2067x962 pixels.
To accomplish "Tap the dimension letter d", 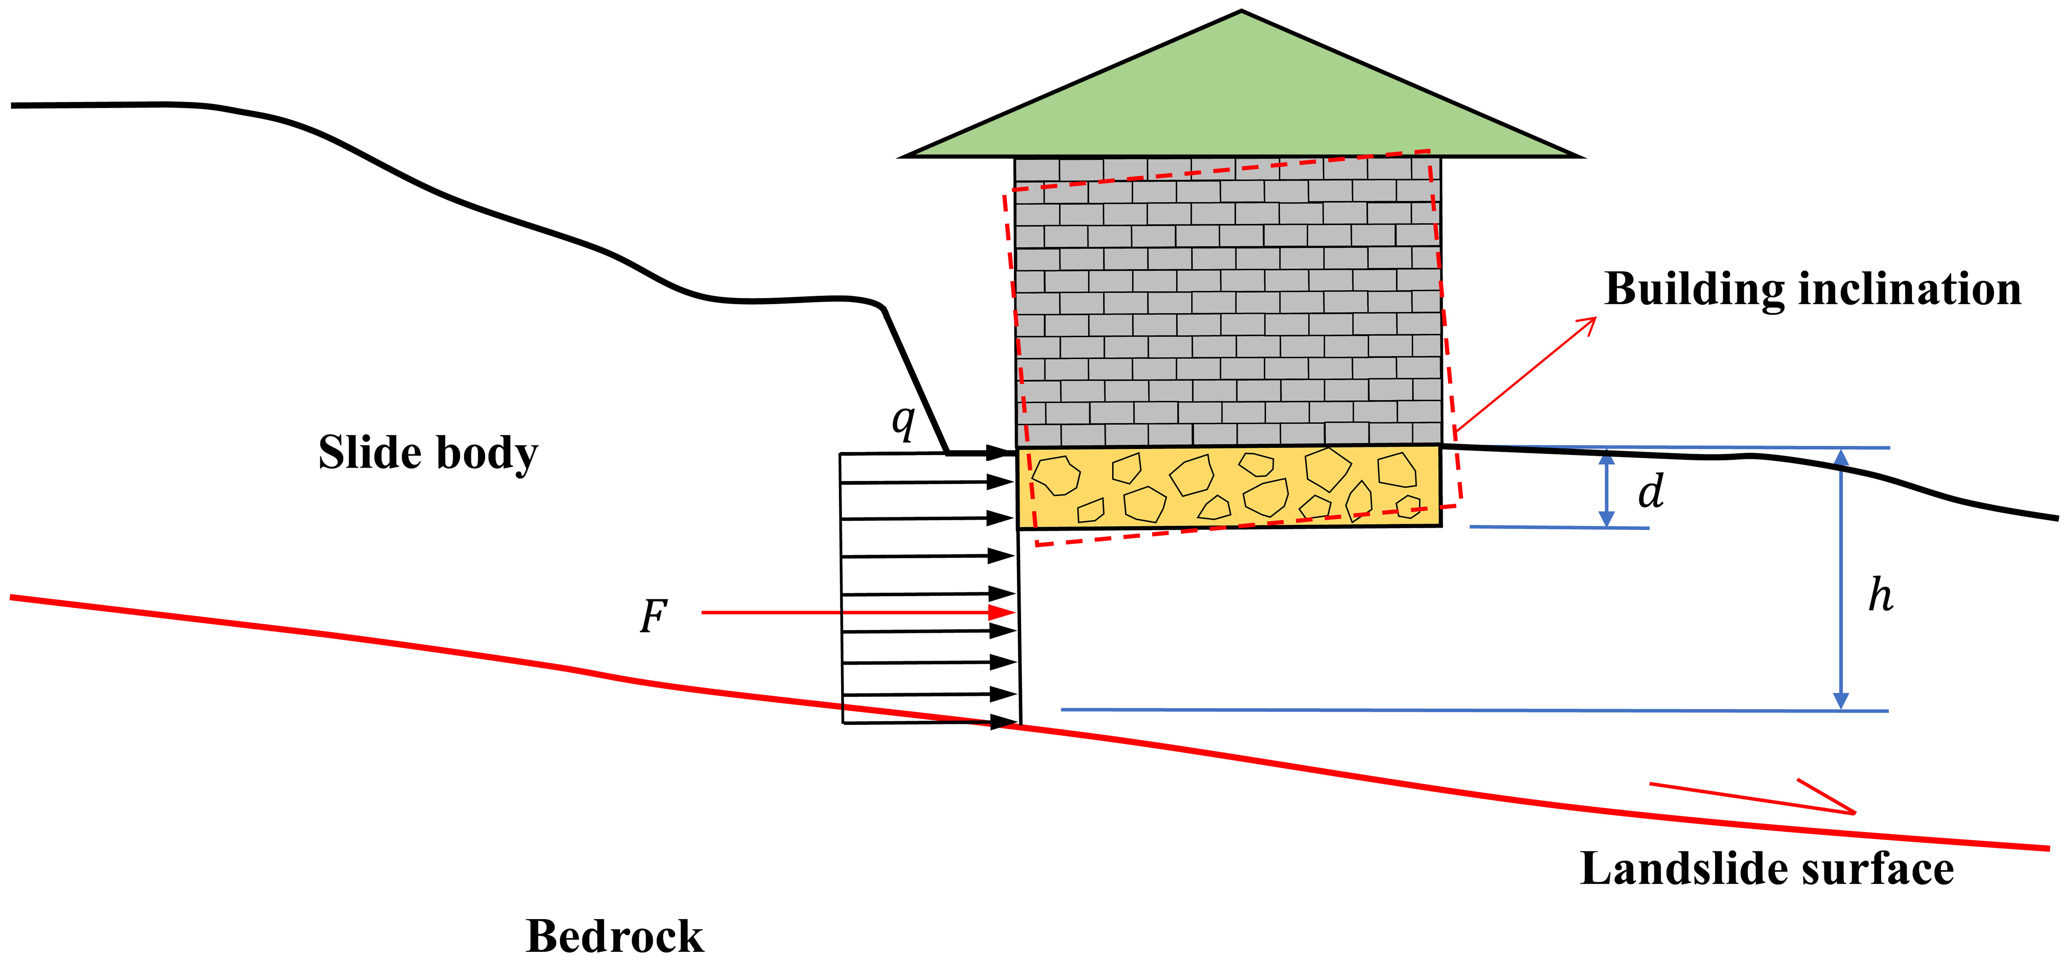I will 1651,491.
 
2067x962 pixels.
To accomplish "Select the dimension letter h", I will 1880,595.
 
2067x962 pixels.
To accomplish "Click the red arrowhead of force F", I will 1003,613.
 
